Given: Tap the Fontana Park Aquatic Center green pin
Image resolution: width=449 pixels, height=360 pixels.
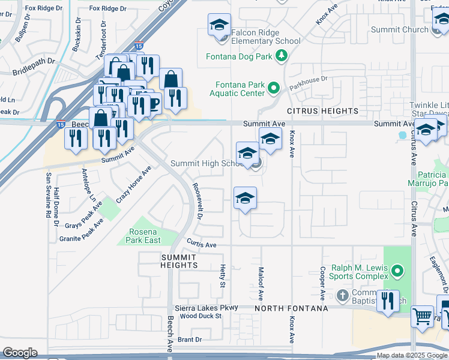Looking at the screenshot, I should pos(274,89).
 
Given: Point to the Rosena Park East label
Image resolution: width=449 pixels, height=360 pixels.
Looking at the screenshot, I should pos(143,236).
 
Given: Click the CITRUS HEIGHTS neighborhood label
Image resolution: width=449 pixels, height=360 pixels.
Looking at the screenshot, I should pos(322,111).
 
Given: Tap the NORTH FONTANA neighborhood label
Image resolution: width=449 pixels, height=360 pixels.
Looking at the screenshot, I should pos(291,308).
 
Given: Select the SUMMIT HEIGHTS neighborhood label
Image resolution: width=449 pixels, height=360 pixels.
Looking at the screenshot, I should pos(179,261).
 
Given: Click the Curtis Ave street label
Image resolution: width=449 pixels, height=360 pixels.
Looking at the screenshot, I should pos(202,245).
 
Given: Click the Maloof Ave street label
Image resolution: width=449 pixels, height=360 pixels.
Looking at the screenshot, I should pos(261,284).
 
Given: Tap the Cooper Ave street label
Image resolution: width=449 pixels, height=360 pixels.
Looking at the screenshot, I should pos(322,283).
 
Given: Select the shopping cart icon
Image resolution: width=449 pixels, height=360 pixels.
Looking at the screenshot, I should pos(422,315).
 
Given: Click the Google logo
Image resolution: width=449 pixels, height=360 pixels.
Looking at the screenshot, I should pos(20,353).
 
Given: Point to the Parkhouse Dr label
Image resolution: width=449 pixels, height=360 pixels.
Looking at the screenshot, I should pos(307,79).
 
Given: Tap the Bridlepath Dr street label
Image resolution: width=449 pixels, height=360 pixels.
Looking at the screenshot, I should pos(34,67).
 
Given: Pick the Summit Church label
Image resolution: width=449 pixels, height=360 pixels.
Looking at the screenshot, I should pos(400,29).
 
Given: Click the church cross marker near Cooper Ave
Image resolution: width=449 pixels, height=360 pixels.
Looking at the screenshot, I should pos(342,295).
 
